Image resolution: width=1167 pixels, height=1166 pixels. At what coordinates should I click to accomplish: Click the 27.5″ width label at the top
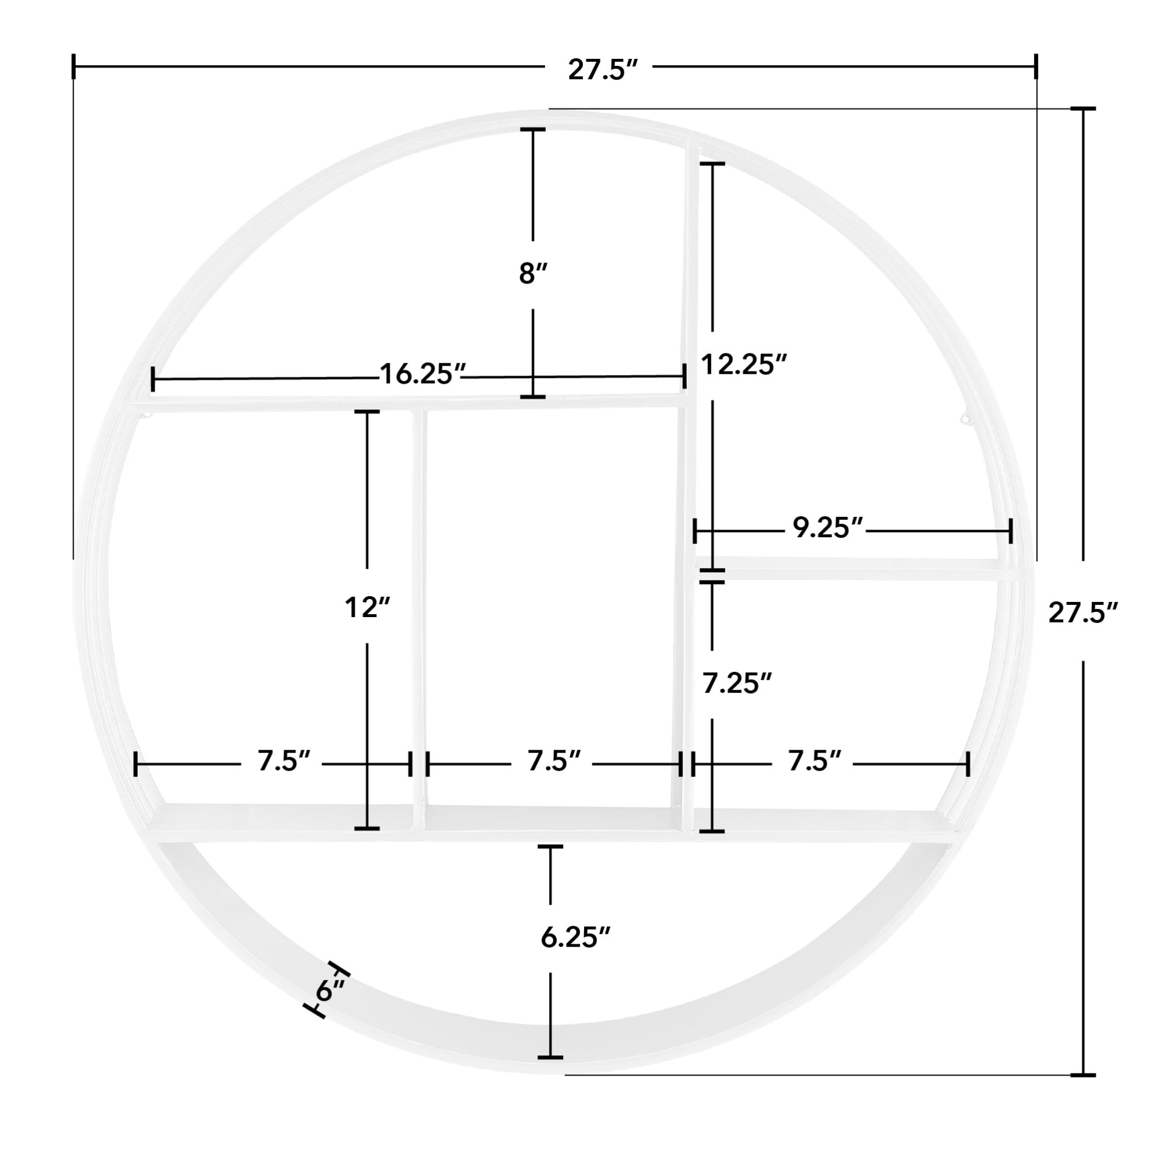602,70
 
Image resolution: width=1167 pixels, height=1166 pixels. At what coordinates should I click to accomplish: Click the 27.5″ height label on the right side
1083,612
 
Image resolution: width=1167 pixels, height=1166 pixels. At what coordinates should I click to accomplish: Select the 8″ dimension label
532,274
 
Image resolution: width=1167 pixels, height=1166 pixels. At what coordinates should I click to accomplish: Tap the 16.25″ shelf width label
422,374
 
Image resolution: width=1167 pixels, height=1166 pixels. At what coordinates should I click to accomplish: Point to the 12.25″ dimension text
743,365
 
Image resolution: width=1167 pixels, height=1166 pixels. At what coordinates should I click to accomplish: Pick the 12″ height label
367,607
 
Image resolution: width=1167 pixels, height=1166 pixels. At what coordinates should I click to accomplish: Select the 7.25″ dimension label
737,684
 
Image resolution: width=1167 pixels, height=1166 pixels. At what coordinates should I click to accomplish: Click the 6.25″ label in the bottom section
575,938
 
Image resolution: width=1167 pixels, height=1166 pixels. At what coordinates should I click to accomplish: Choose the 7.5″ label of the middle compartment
553,761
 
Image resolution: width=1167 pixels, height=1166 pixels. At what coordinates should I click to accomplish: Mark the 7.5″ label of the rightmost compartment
813,761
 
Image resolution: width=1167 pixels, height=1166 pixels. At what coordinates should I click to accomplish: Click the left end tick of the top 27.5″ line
74,66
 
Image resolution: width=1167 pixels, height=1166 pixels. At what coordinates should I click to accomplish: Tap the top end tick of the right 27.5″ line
1083,108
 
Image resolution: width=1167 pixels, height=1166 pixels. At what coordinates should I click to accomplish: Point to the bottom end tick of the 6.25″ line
550,1057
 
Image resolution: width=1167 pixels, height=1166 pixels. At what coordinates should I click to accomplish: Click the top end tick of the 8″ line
532,130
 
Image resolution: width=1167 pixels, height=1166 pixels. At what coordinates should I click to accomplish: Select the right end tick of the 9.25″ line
1010,531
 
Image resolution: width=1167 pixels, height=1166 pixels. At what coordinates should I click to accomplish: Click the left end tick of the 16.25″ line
153,379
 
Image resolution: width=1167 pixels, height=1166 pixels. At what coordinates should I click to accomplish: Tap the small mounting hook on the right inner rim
965,419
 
